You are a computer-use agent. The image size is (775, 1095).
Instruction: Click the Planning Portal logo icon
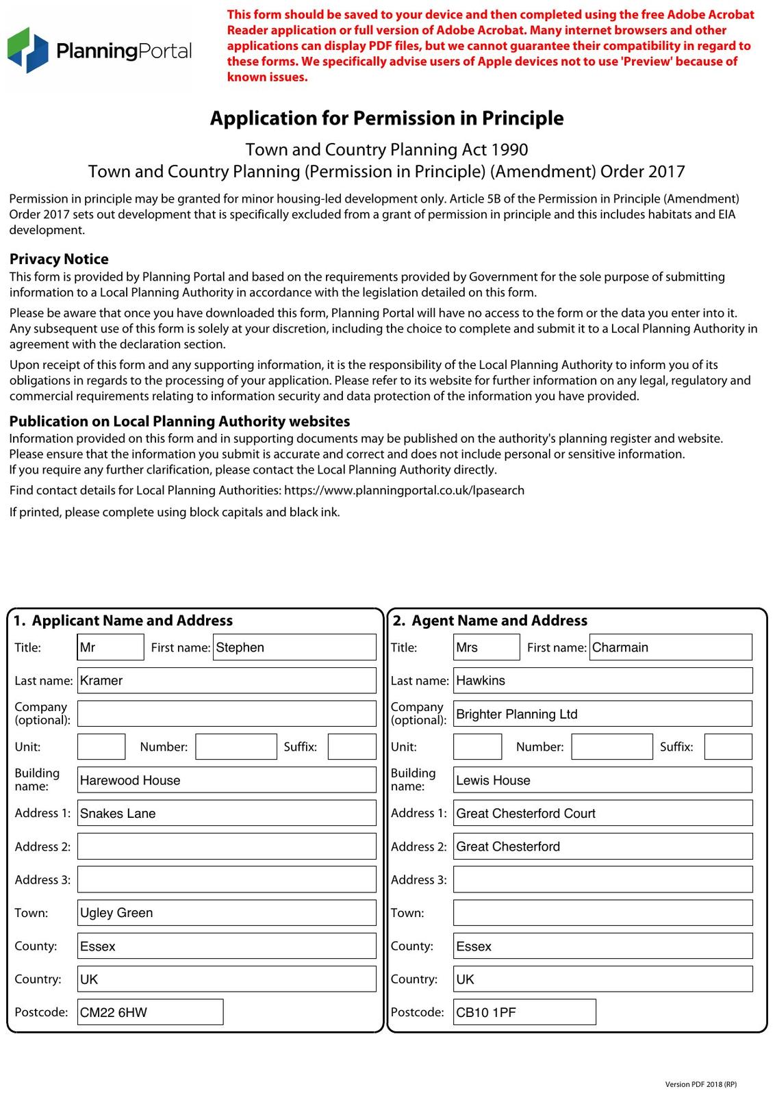coord(28,50)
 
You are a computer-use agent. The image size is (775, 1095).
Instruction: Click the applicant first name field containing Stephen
coord(295,647)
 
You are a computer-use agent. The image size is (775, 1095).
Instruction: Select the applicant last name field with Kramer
coord(227,680)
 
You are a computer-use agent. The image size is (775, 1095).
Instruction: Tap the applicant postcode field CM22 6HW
coord(151,1012)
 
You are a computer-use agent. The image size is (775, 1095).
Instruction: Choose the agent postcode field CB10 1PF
coord(524,1012)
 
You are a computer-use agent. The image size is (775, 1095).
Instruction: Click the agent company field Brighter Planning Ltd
coord(602,714)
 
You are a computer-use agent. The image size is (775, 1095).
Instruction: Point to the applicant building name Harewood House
coord(227,780)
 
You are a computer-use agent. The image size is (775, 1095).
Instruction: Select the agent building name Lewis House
coord(602,780)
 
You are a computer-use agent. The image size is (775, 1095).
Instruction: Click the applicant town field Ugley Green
coord(227,913)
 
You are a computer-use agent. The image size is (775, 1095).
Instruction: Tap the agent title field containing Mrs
coord(486,647)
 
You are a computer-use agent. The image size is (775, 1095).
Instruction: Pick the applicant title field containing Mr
coord(111,647)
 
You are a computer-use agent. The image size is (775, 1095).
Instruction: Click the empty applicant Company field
coord(227,714)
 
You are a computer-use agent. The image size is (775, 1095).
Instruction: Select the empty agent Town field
coord(602,913)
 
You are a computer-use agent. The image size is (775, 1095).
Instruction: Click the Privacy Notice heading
coord(59,259)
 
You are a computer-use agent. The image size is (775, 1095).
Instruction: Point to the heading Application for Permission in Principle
coord(387,118)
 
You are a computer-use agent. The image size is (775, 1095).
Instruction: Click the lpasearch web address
coord(404,491)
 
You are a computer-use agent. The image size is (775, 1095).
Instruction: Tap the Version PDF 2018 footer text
coord(700,1084)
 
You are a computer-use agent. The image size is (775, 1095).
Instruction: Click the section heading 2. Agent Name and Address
coord(490,621)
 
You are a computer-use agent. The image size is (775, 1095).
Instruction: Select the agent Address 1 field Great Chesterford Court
coord(602,813)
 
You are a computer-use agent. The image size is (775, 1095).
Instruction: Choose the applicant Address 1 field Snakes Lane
coord(227,813)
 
